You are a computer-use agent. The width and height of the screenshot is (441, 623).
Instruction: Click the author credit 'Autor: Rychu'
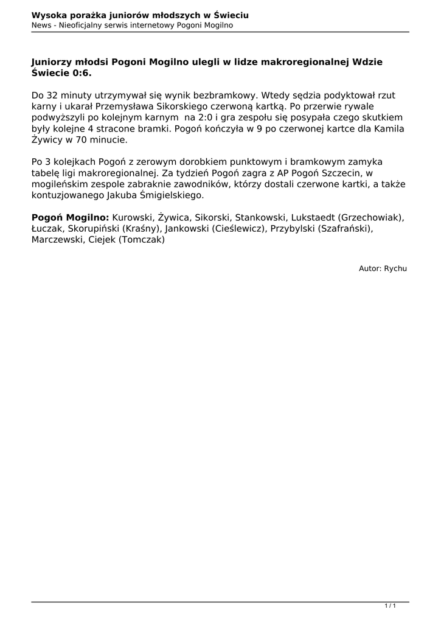pyautogui.click(x=383, y=268)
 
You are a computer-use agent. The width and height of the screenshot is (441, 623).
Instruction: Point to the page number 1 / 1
pyautogui.click(x=390, y=605)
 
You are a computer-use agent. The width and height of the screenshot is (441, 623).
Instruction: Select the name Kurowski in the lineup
pyautogui.click(x=133, y=217)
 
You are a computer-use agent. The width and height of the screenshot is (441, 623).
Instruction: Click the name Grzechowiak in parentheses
pyautogui.click(x=371, y=217)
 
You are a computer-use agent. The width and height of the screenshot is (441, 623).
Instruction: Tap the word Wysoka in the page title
pyautogui.click(x=49, y=15)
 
